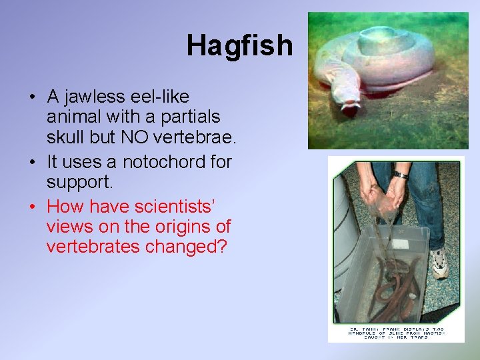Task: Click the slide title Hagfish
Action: [x=239, y=45]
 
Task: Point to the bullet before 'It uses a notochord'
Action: [x=32, y=162]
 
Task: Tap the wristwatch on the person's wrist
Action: [x=400, y=175]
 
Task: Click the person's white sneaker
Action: [x=439, y=263]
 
